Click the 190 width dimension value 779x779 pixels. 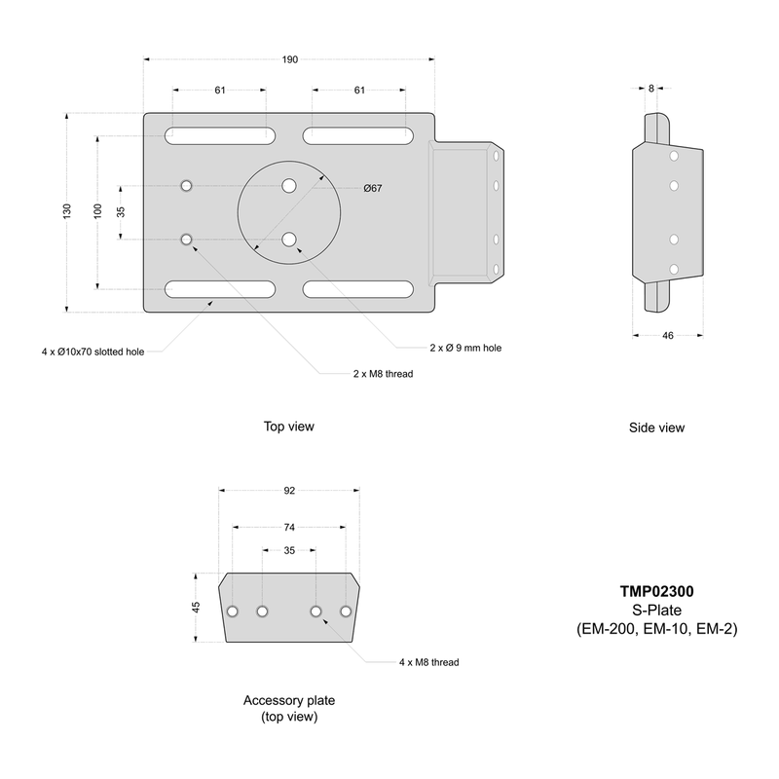pyautogui.click(x=290, y=60)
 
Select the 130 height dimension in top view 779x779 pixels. pyautogui.click(x=67, y=211)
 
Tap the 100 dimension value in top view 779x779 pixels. pyautogui.click(x=97, y=211)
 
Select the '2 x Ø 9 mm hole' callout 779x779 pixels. pyautogui.click(x=465, y=348)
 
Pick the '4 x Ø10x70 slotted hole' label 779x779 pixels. pyautogui.click(x=93, y=351)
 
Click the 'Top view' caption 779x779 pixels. pyautogui.click(x=289, y=427)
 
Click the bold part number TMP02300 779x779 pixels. pyautogui.click(x=656, y=591)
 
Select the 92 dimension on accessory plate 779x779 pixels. pyautogui.click(x=289, y=491)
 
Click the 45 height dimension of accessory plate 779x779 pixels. pyautogui.click(x=196, y=607)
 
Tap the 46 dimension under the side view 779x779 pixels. pyautogui.click(x=667, y=335)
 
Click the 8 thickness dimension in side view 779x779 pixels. pyautogui.click(x=651, y=89)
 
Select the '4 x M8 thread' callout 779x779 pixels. pyautogui.click(x=428, y=662)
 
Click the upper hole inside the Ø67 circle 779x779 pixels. pyautogui.click(x=289, y=185)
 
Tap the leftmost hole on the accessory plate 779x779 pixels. pyautogui.click(x=233, y=612)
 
